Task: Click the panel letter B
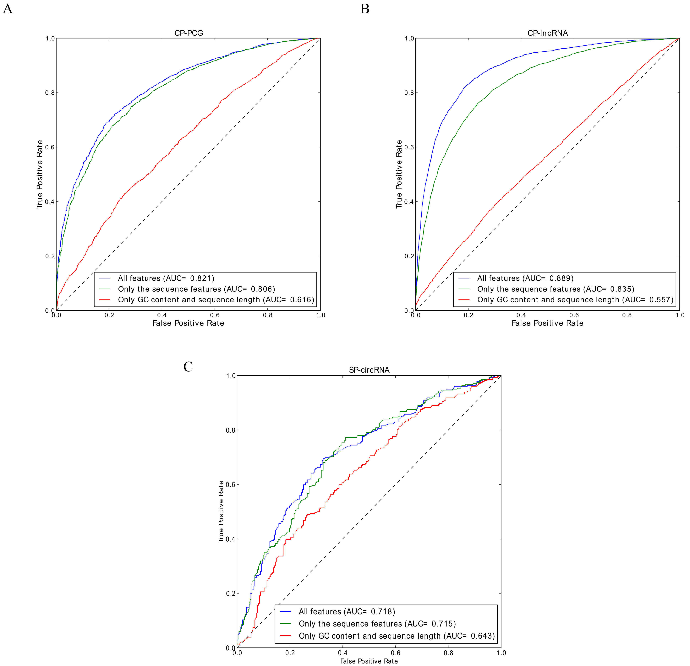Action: [365, 9]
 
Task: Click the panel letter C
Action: [188, 367]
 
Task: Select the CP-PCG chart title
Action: [189, 33]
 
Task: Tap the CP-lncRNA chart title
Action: [547, 33]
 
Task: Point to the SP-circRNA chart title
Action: [369, 370]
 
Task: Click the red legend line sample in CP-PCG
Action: [105, 300]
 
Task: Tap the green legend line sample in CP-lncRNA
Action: [464, 289]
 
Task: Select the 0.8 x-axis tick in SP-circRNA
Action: [448, 653]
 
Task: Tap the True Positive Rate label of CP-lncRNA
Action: [399, 174]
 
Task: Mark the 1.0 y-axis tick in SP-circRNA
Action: [231, 376]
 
